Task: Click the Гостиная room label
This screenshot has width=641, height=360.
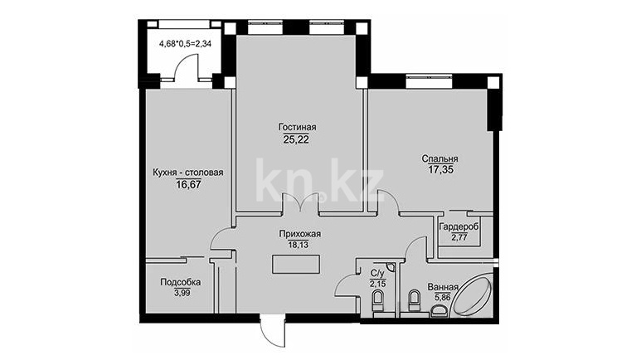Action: [297, 127]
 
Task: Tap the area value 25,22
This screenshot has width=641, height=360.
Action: [296, 139]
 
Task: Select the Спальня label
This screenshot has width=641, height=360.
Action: [439, 159]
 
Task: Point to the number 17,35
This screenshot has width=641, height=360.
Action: [441, 170]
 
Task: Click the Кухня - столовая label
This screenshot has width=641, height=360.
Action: [188, 173]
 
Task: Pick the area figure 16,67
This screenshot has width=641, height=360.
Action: [188, 184]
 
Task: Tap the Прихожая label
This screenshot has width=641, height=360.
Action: [299, 235]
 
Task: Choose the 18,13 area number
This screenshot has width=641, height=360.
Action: [298, 245]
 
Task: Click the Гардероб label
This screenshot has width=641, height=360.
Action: [459, 226]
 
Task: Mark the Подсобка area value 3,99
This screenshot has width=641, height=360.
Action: [182, 293]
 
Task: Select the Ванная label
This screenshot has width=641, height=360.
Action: [443, 287]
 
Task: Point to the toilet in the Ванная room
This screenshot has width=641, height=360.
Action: [414, 300]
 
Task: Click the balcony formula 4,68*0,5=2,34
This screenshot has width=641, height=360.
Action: [185, 43]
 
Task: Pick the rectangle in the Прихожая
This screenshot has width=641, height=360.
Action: [296, 265]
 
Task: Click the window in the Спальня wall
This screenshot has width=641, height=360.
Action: [430, 81]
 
